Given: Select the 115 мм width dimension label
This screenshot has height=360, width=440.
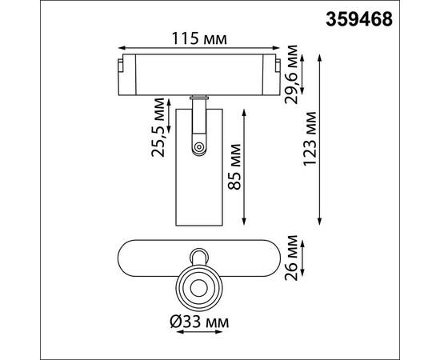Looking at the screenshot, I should (198, 38).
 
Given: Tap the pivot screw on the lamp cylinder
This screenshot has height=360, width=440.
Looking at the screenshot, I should (197, 146).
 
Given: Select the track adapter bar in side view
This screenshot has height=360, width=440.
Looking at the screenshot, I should (198, 75).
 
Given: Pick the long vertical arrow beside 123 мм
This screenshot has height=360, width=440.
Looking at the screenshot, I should (322, 140).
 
